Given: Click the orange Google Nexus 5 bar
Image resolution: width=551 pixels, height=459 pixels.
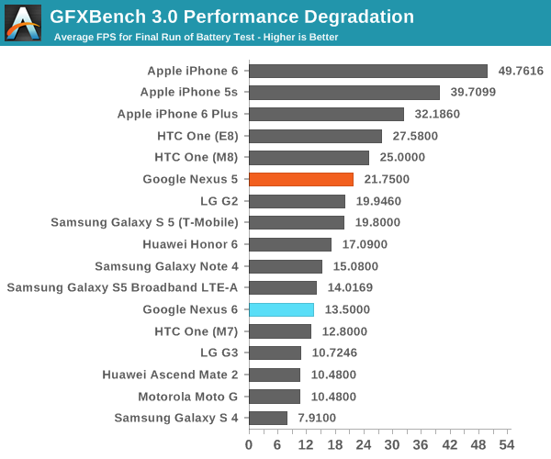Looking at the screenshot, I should [301, 179].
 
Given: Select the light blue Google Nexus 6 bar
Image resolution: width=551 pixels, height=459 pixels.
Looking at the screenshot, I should [281, 309].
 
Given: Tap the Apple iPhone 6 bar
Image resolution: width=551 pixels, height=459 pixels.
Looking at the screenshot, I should [367, 71].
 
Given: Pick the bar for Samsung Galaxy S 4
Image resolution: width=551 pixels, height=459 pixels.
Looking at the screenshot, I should [268, 419].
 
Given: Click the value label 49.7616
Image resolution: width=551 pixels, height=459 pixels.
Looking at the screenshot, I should [521, 71].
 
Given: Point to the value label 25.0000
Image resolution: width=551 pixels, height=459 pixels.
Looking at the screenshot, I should [402, 158].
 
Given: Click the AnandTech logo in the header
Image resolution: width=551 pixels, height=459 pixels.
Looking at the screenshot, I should [22, 23].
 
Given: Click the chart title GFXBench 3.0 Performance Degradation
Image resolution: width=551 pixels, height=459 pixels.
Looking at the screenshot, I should [231, 17].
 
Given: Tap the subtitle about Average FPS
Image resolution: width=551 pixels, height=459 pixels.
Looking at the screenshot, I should [196, 38].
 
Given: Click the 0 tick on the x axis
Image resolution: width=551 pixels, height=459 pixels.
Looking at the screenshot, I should [249, 444].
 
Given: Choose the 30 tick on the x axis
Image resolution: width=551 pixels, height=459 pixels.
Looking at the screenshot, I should [392, 444].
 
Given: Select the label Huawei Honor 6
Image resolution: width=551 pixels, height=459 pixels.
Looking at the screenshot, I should [190, 244].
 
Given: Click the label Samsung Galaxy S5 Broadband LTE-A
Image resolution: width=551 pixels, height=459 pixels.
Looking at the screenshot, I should [122, 287].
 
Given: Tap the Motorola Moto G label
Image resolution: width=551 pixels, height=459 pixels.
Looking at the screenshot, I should [187, 397].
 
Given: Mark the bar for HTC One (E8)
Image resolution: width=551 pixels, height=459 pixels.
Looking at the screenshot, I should [315, 136].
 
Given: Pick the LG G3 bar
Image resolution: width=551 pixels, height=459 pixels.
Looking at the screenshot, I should [275, 353].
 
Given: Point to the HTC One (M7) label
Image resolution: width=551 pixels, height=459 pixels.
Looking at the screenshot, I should [196, 331].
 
